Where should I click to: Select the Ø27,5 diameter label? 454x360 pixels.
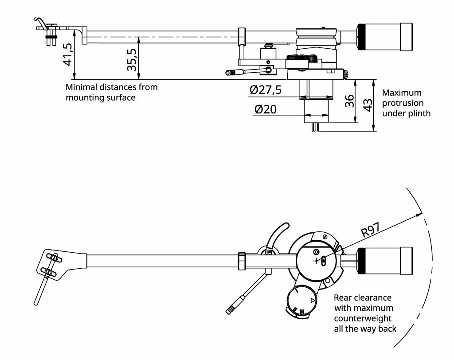[266, 90]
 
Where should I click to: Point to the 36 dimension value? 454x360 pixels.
[350, 101]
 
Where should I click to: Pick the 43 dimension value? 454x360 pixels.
[368, 105]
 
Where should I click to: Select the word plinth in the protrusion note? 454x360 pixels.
[419, 113]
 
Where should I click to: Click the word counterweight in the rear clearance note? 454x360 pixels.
[363, 318]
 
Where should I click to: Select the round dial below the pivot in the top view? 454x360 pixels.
[302, 300]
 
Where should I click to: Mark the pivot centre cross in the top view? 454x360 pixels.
[317, 261]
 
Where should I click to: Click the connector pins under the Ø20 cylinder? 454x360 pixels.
[315, 127]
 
